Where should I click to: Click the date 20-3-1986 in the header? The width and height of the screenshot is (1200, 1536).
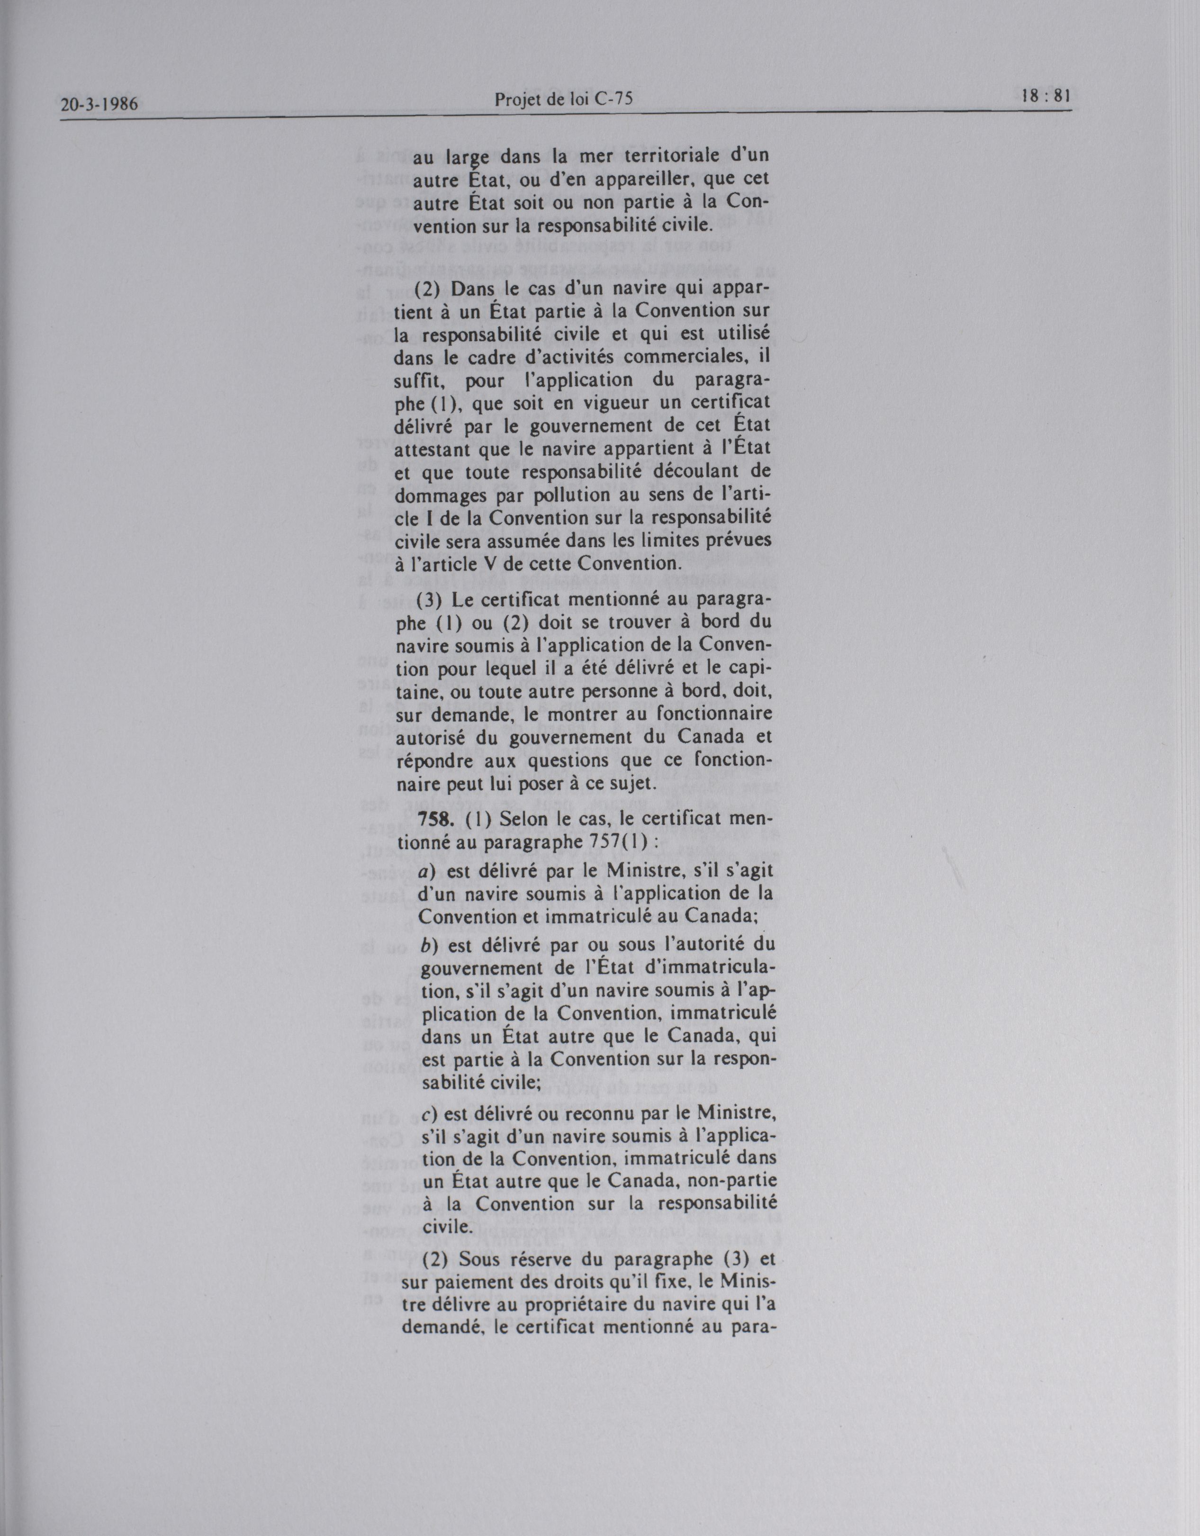(x=99, y=107)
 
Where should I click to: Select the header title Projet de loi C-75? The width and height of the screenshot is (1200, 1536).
(x=563, y=100)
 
